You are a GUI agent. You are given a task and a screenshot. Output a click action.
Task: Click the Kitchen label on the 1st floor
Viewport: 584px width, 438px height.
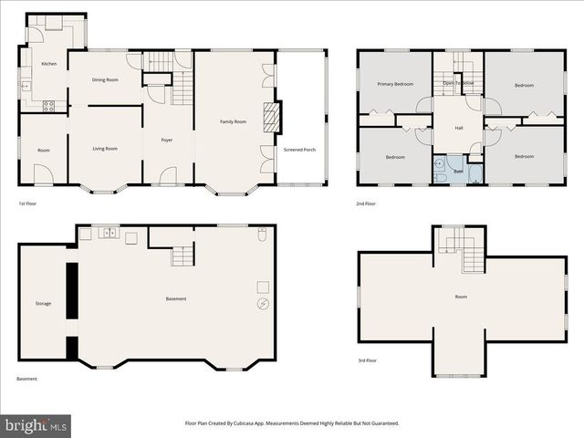coord(48,64)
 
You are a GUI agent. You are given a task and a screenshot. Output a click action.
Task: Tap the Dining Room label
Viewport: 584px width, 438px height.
coord(106,80)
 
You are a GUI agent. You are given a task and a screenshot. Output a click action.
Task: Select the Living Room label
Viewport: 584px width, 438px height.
coord(106,149)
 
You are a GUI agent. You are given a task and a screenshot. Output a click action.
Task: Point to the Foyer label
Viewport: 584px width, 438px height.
coord(167,140)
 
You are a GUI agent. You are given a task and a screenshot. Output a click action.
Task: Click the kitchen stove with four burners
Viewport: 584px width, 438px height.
coord(48,105)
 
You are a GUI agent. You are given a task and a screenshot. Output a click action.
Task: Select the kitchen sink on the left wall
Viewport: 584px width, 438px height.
coord(26,86)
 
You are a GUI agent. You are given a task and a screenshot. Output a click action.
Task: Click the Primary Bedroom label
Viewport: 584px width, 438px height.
coord(396,85)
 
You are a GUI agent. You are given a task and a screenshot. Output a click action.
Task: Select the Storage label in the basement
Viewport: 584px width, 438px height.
coord(43,303)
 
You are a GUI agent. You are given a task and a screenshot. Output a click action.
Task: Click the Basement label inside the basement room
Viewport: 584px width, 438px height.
coord(176,298)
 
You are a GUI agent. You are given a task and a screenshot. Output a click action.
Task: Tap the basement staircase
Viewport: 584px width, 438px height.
coord(182,256)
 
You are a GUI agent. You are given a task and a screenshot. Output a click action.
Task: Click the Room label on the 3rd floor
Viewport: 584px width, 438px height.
coord(461,297)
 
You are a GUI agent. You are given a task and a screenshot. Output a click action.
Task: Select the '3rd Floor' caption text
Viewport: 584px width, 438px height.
coord(367,360)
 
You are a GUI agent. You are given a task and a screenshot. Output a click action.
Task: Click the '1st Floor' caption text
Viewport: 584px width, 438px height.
coord(28,203)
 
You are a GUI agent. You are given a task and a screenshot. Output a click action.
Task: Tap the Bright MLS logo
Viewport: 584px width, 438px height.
coord(36,425)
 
